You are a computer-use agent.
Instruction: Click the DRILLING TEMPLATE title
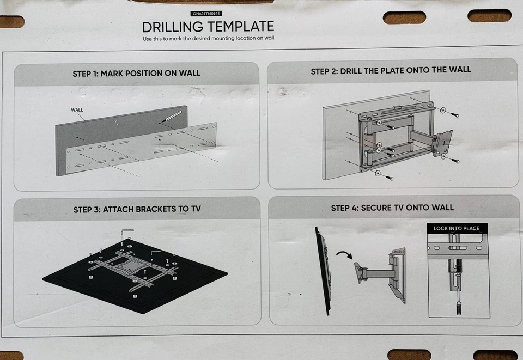[208, 27]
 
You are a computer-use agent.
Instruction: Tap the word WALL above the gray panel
[77, 110]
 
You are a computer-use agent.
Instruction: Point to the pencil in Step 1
[173, 116]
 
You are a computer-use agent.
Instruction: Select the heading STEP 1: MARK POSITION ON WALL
[136, 73]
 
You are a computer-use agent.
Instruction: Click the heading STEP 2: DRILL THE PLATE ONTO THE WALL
[391, 70]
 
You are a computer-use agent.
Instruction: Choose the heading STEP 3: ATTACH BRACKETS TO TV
[137, 209]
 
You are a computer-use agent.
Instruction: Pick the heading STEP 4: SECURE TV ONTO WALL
[392, 208]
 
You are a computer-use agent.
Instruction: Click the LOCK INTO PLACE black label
[457, 228]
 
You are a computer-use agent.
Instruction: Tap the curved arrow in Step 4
[345, 254]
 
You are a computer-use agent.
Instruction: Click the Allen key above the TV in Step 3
[126, 233]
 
